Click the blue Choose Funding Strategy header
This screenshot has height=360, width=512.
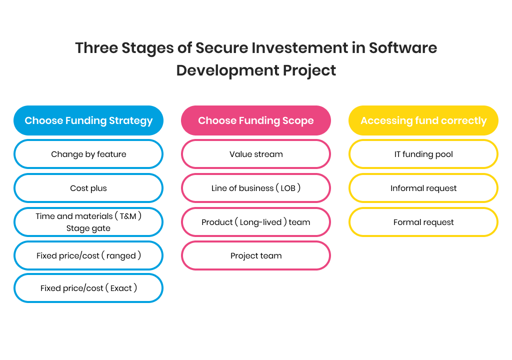click(x=88, y=120)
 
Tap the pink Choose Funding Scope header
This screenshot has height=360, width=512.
click(x=255, y=120)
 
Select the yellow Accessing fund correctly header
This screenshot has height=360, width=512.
click(x=423, y=120)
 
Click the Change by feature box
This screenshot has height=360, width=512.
click(x=88, y=154)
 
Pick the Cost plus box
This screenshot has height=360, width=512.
click(x=88, y=188)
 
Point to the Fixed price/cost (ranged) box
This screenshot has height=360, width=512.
click(x=88, y=255)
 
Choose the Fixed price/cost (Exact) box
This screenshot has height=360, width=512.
click(x=88, y=288)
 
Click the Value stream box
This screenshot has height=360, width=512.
click(x=255, y=154)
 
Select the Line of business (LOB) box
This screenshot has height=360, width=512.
click(x=255, y=188)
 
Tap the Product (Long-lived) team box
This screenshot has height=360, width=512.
click(x=255, y=222)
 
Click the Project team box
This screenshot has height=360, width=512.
click(x=255, y=255)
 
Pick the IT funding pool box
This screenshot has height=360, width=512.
click(x=423, y=154)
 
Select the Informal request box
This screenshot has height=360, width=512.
click(x=423, y=188)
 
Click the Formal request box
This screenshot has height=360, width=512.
click(x=423, y=222)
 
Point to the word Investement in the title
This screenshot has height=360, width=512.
click(x=299, y=48)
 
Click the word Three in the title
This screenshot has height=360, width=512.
click(x=96, y=48)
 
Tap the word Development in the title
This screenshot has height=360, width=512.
click(x=227, y=70)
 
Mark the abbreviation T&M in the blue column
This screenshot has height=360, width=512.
click(x=128, y=216)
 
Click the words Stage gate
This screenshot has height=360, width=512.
click(x=88, y=228)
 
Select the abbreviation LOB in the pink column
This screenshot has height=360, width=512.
click(x=288, y=188)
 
